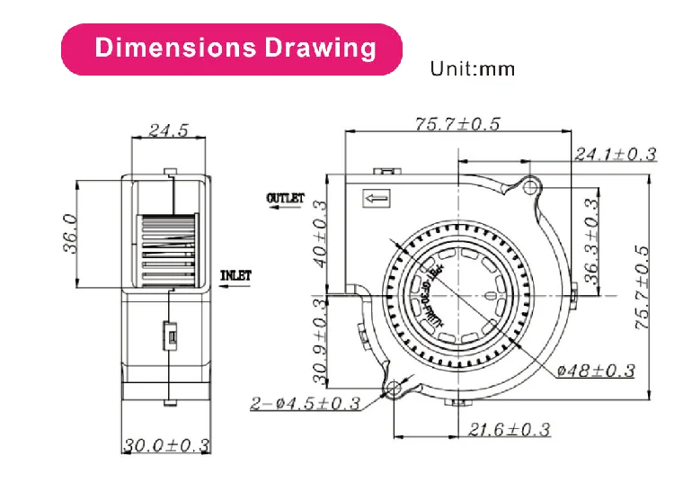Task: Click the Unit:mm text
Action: click(473, 68)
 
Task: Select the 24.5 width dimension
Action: click(168, 130)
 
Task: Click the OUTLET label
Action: click(286, 198)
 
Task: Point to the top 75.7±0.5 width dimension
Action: click(457, 125)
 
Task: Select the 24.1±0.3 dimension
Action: click(616, 155)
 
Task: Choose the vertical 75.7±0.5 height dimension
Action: click(641, 288)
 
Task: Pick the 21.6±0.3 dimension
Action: click(509, 430)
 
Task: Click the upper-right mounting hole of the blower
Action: click(530, 187)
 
